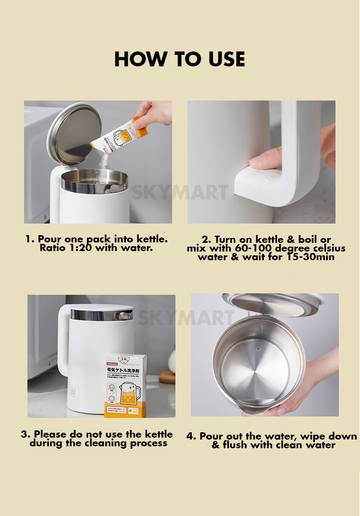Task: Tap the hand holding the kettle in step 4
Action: [308, 385]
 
